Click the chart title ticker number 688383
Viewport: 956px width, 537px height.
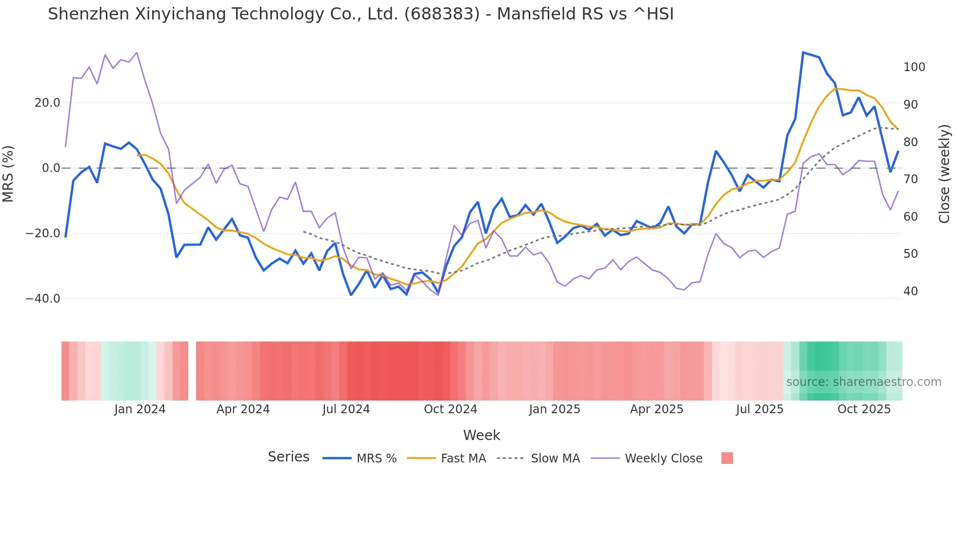[442, 14]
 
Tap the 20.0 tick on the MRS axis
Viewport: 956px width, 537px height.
[47, 103]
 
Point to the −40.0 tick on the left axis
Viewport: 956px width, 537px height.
[43, 299]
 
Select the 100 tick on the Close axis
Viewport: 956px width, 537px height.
[914, 67]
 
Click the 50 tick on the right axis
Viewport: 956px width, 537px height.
[911, 254]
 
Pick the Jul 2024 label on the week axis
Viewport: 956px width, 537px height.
[346, 409]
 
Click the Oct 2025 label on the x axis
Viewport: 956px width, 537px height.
[864, 409]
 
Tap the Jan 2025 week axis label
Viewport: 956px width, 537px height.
[555, 409]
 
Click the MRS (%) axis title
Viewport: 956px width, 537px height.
[8, 174]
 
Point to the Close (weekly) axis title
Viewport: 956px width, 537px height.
[944, 174]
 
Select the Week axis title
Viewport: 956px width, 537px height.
[481, 435]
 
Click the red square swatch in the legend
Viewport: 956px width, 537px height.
[727, 458]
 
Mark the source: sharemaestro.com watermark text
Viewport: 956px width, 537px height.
[863, 382]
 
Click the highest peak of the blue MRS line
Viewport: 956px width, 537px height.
[803, 53]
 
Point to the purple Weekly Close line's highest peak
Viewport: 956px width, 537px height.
[137, 53]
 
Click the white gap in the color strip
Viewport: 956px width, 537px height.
[192, 371]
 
